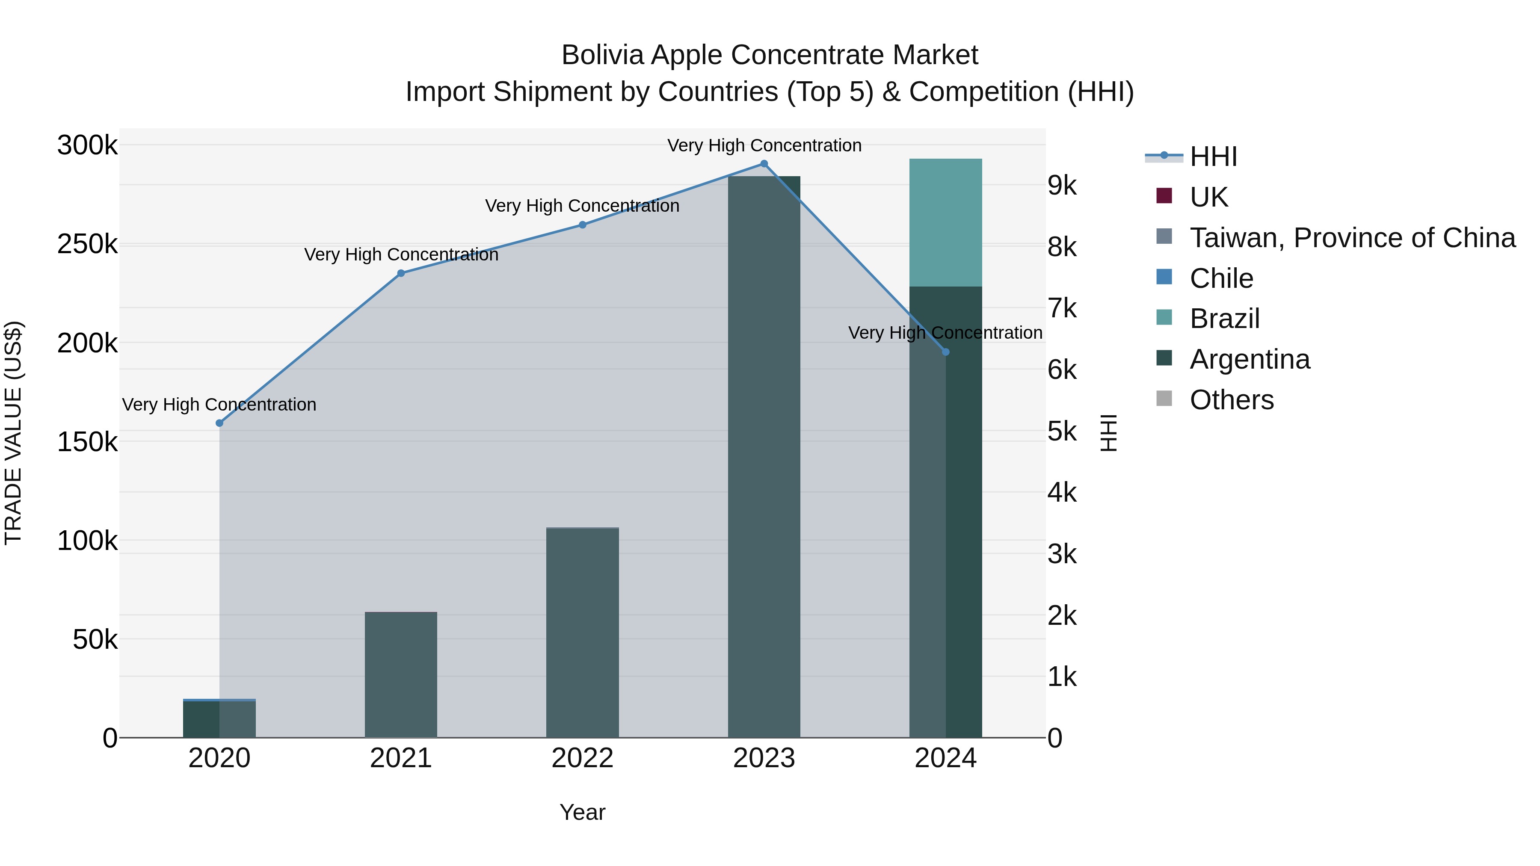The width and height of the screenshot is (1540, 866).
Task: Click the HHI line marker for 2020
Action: [219, 423]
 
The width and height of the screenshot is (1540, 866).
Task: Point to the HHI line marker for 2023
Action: [764, 164]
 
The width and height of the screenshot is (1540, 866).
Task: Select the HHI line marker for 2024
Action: [946, 352]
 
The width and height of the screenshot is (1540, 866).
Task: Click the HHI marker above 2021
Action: [401, 273]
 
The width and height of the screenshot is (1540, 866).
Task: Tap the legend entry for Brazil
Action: [1224, 319]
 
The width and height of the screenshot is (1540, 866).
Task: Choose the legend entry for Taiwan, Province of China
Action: [1352, 238]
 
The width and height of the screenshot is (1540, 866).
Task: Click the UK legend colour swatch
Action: [1164, 196]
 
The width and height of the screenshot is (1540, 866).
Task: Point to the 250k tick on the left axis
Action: [87, 245]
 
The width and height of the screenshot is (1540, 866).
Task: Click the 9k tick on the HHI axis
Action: [1062, 186]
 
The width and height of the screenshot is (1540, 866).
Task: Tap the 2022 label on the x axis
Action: [582, 758]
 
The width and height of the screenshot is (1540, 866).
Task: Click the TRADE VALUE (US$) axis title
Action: [13, 433]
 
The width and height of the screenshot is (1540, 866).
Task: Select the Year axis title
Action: [582, 812]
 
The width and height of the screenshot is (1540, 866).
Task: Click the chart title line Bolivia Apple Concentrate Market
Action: [770, 55]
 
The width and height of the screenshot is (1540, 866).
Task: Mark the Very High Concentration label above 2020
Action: [219, 405]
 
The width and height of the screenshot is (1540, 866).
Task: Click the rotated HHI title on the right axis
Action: [1108, 433]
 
